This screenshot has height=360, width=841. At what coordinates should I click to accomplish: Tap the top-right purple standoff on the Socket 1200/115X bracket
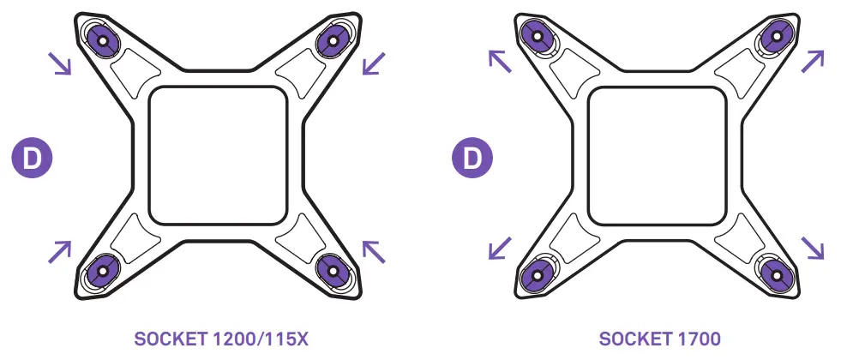333,40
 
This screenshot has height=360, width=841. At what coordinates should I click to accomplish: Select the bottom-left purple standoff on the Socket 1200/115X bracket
104,271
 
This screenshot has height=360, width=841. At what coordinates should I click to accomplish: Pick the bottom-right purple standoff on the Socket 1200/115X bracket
333,271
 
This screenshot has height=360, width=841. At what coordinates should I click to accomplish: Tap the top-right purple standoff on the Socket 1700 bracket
777,38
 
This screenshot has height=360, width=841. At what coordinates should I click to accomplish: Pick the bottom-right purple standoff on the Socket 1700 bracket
777,276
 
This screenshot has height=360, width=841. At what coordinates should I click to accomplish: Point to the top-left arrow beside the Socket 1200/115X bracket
59,63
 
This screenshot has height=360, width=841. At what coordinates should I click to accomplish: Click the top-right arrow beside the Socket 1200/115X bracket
374,63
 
